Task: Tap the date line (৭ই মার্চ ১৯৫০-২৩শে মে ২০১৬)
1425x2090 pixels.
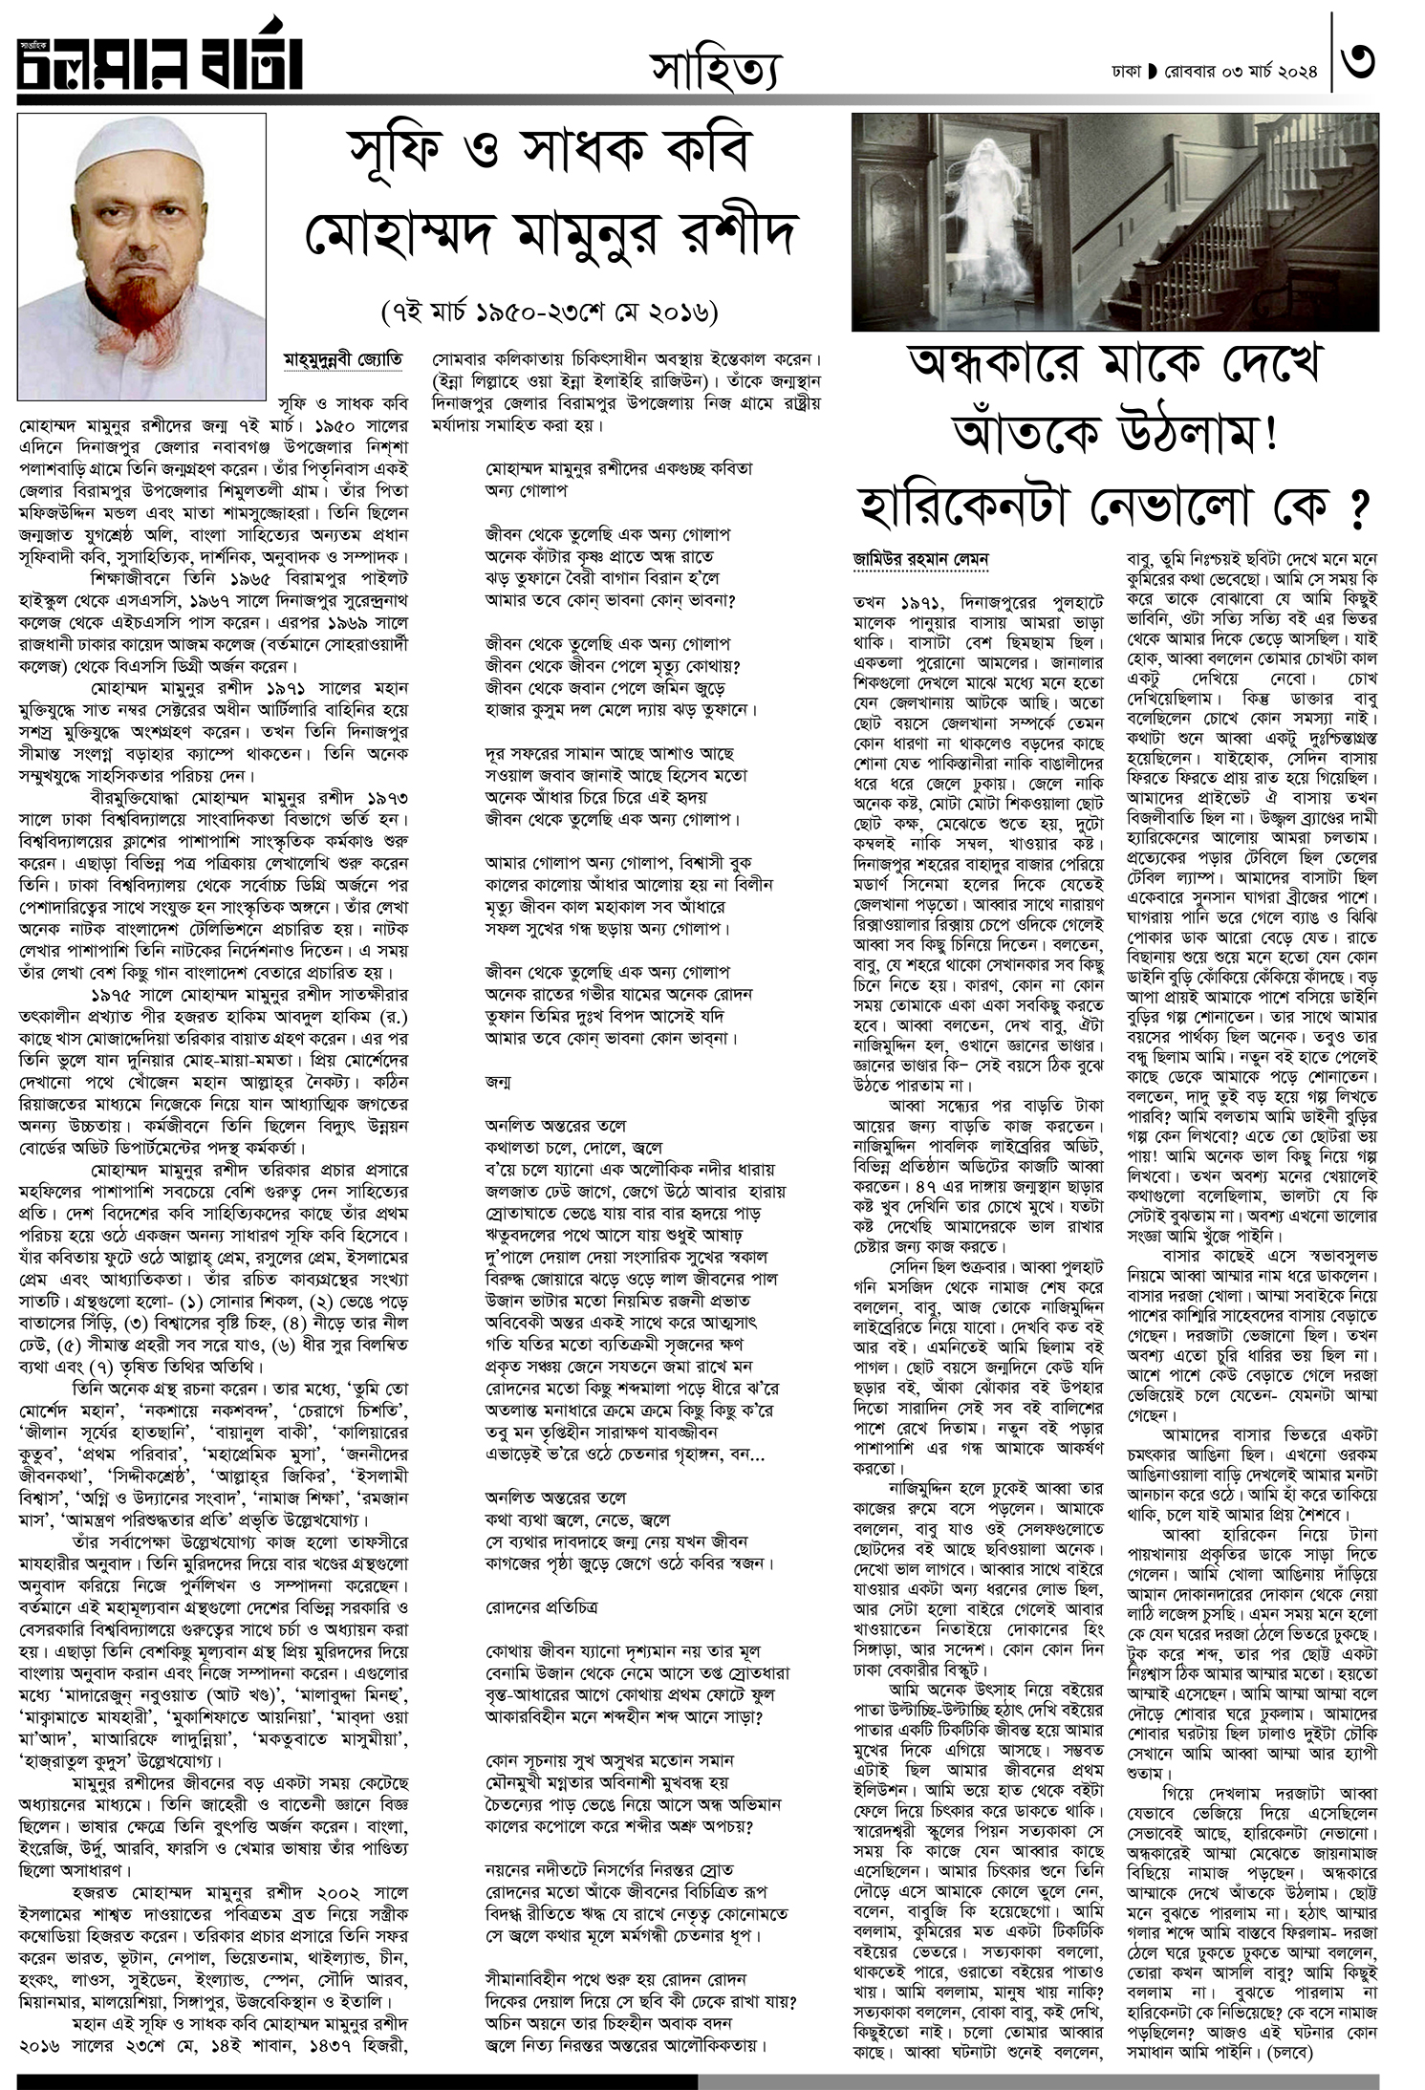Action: click(549, 313)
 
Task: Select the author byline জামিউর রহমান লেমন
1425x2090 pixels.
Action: click(907, 558)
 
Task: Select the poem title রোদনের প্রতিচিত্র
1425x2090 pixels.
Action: click(541, 1606)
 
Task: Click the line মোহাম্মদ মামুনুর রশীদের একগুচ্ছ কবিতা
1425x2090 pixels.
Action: click(618, 469)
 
